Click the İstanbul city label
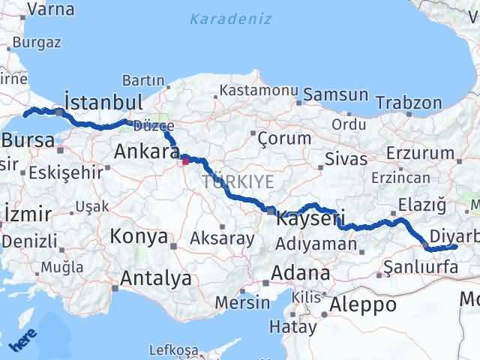(x=103, y=102)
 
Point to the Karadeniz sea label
(x=230, y=19)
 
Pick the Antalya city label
(x=155, y=279)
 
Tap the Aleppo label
(x=364, y=304)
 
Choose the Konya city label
(x=139, y=237)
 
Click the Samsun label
(x=336, y=95)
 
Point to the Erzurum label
(x=423, y=154)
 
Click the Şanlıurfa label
(x=420, y=265)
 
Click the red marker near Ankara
(x=185, y=160)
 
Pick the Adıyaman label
(x=316, y=244)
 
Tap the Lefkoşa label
(x=173, y=350)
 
